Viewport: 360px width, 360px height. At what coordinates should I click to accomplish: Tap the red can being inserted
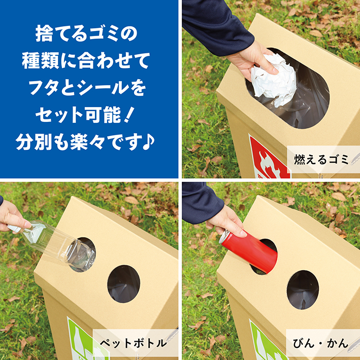tap(249, 251)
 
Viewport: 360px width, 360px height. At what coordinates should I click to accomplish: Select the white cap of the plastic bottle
tap(14, 228)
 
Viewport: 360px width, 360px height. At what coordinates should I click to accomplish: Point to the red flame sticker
tap(269, 158)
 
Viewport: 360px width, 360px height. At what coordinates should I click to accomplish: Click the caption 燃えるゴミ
tap(321, 159)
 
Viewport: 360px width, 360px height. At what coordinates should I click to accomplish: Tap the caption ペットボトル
tap(133, 343)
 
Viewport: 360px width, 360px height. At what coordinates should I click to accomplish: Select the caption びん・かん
tap(320, 343)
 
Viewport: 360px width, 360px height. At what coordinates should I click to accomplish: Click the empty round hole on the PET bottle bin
tap(124, 284)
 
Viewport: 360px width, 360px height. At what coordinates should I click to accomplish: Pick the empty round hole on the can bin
tap(303, 289)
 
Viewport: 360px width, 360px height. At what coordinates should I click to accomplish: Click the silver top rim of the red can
tap(224, 237)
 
